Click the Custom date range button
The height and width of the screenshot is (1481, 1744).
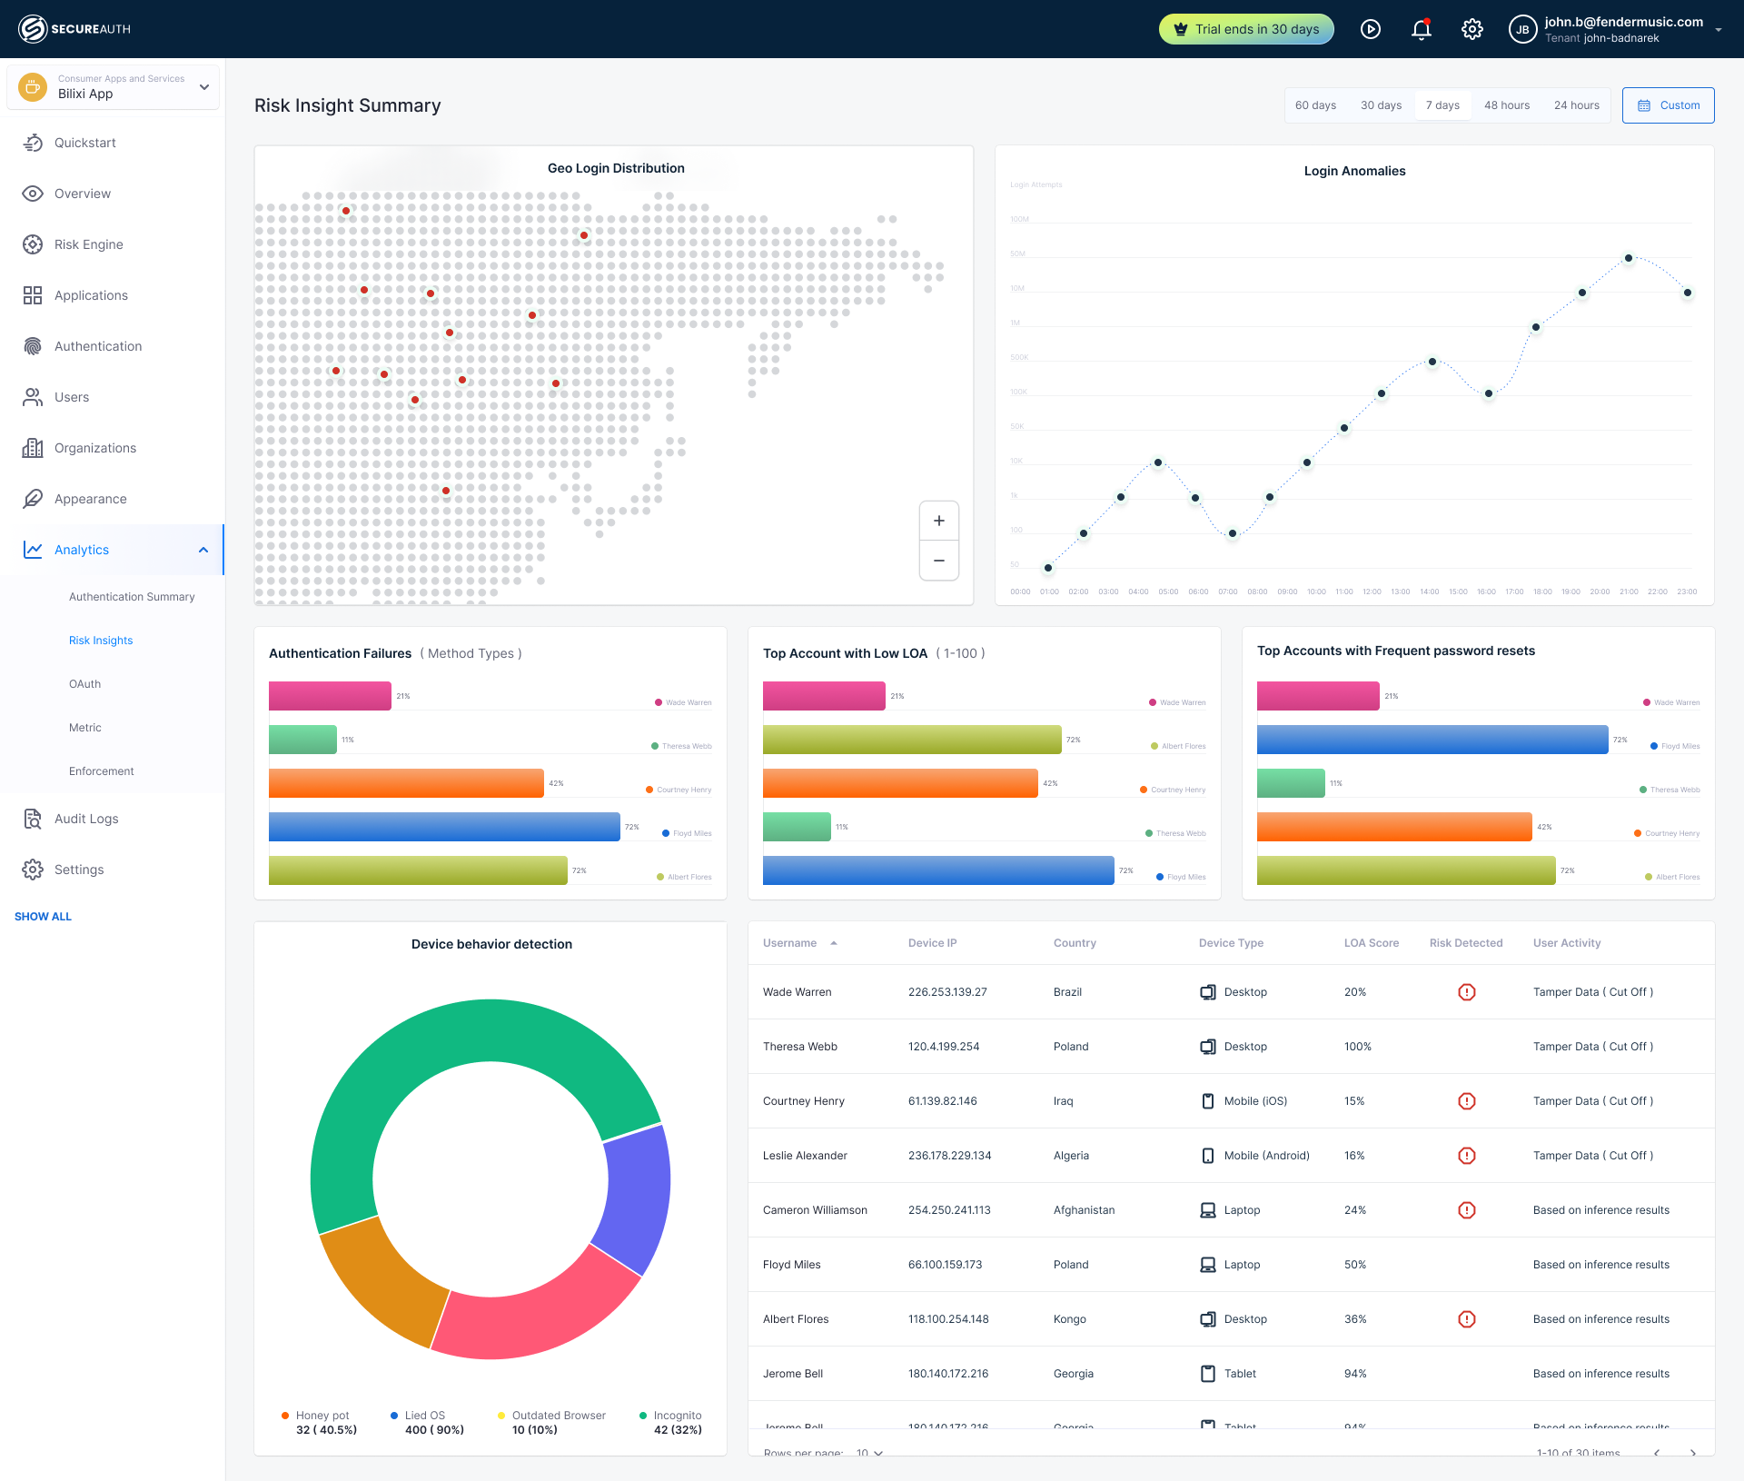pyautogui.click(x=1669, y=105)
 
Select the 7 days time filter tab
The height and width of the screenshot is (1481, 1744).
pyautogui.click(x=1442, y=105)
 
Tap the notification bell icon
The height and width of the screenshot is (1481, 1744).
pyautogui.click(x=1422, y=29)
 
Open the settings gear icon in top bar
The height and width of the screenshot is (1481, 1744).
pyautogui.click(x=1472, y=29)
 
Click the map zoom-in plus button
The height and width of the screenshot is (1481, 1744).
pyautogui.click(x=939, y=521)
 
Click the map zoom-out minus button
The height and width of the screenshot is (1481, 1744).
pyautogui.click(x=939, y=561)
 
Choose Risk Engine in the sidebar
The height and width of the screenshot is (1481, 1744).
pyautogui.click(x=88, y=244)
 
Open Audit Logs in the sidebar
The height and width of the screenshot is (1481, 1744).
pyautogui.click(x=86, y=819)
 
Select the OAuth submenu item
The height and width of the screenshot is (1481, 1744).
pyautogui.click(x=84, y=684)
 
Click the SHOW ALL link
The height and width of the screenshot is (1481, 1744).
pyautogui.click(x=43, y=917)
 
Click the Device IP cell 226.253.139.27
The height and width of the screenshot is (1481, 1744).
pyautogui.click(x=947, y=992)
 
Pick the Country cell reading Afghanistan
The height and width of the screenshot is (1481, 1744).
pyautogui.click(x=1084, y=1210)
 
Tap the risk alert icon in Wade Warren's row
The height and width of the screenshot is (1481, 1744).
pyautogui.click(x=1466, y=992)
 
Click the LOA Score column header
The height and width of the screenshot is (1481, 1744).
pyautogui.click(x=1371, y=943)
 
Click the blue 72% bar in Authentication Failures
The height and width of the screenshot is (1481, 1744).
pyautogui.click(x=444, y=827)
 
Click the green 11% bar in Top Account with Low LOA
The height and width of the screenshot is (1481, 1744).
pyautogui.click(x=797, y=827)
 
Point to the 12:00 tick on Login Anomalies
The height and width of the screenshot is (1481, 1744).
pyautogui.click(x=1372, y=591)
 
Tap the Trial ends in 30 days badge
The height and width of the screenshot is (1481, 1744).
pyautogui.click(x=1246, y=29)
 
